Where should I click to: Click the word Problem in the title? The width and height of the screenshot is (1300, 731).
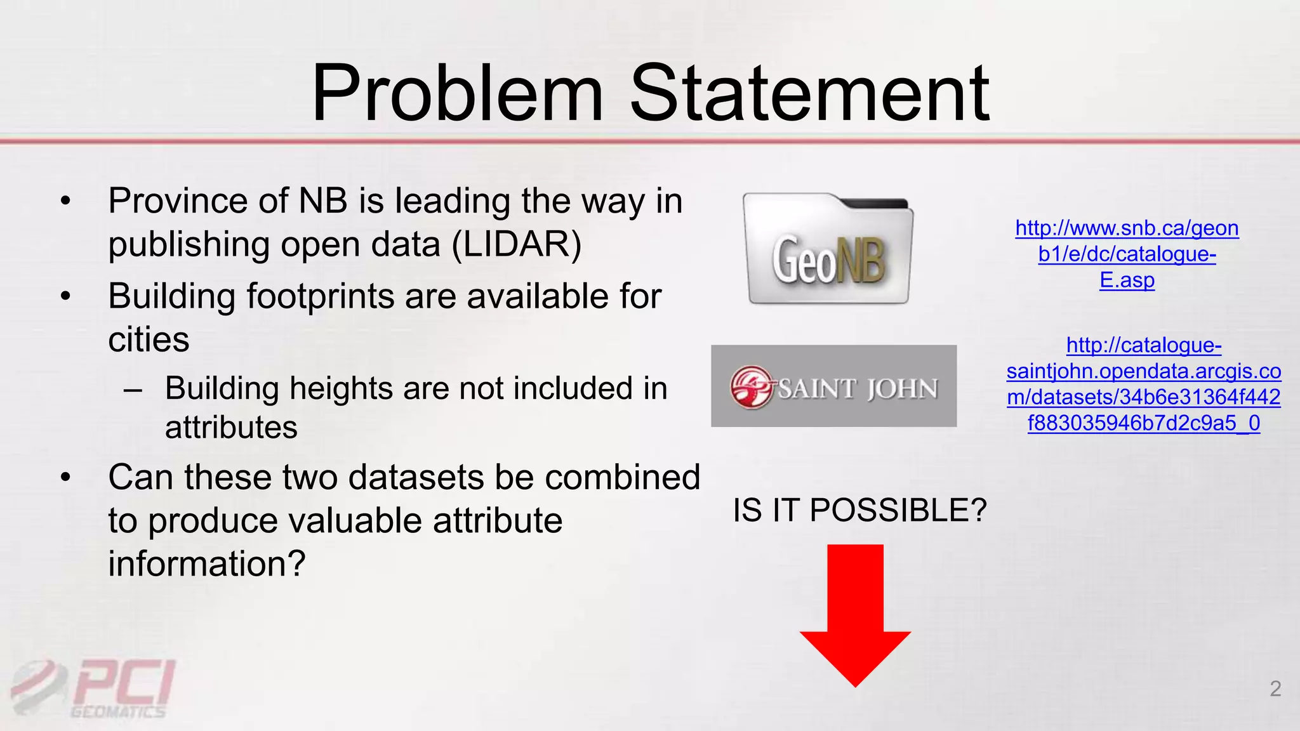click(x=456, y=93)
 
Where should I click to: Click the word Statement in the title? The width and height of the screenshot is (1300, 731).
click(x=809, y=93)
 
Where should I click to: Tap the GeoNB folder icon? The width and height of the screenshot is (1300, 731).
click(x=828, y=249)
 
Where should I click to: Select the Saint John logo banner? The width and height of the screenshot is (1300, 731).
click(x=833, y=386)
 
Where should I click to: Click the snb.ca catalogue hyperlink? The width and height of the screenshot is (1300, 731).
click(x=1127, y=254)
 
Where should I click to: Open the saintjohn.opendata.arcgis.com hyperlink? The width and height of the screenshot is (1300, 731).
click(x=1143, y=384)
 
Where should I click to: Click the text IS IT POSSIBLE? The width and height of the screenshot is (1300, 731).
click(x=859, y=510)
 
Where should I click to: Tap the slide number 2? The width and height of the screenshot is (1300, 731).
click(x=1275, y=688)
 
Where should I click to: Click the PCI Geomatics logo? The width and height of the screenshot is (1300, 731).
click(x=95, y=688)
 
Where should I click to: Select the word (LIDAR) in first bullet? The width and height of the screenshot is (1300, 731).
click(x=516, y=245)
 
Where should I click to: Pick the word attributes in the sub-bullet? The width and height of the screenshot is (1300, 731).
click(x=231, y=427)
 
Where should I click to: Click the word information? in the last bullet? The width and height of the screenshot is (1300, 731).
click(x=207, y=563)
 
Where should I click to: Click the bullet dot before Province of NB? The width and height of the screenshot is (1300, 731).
click(x=65, y=202)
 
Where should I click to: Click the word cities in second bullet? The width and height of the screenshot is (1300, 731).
click(x=149, y=340)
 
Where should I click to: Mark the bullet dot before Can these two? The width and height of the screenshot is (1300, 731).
click(x=65, y=478)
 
